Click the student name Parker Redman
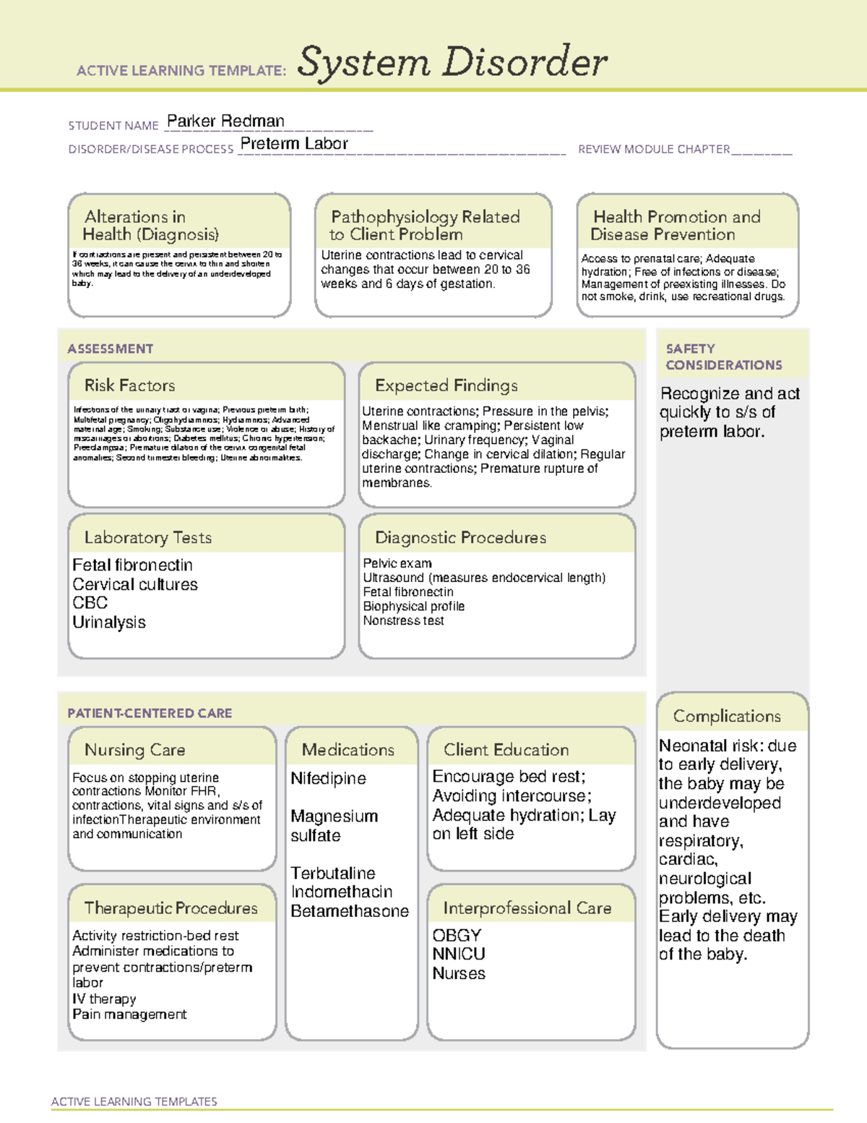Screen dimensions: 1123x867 225,121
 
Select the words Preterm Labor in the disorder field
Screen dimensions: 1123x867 294,144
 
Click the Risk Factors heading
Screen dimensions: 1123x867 129,385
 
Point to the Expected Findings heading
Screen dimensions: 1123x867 446,385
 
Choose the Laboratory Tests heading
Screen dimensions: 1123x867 147,537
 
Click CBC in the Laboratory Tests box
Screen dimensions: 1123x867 90,603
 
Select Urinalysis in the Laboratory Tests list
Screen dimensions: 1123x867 109,623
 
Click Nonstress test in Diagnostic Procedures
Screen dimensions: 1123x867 403,620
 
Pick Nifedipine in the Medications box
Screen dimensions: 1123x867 328,779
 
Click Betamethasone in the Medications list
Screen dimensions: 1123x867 350,911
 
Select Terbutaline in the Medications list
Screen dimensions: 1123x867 333,873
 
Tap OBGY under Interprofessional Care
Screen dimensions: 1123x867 457,935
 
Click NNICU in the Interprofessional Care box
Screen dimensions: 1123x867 459,954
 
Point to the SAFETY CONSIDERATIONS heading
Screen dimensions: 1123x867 723,357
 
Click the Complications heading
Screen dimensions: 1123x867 727,716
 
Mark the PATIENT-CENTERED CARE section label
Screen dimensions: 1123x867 150,713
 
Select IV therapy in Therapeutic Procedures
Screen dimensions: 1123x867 104,999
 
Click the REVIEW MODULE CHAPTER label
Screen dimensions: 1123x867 654,149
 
